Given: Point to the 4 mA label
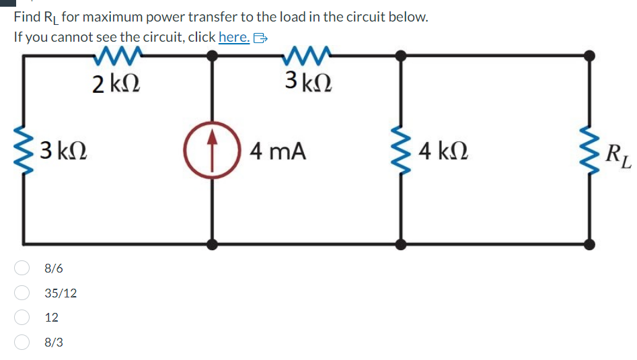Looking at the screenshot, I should (x=277, y=151).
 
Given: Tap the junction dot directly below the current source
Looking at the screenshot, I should (x=213, y=244).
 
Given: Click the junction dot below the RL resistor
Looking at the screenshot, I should (x=591, y=244).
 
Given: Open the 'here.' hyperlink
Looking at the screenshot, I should (x=234, y=37).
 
